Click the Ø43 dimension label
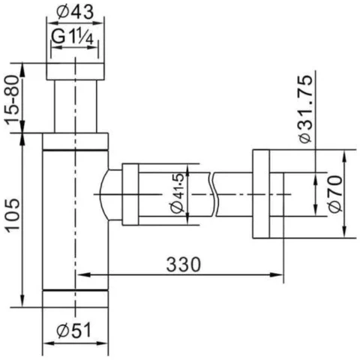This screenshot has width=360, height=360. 75,12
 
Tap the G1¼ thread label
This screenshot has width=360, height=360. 73,38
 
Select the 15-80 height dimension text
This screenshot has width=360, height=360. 13,100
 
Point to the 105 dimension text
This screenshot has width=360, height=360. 13,215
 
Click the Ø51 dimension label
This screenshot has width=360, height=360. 74,331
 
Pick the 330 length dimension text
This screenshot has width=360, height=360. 184,265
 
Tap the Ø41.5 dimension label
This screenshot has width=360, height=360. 177,193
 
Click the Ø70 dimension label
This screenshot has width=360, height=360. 334,194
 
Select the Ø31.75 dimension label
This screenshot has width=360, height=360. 306,109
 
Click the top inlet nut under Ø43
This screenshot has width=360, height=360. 75,71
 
